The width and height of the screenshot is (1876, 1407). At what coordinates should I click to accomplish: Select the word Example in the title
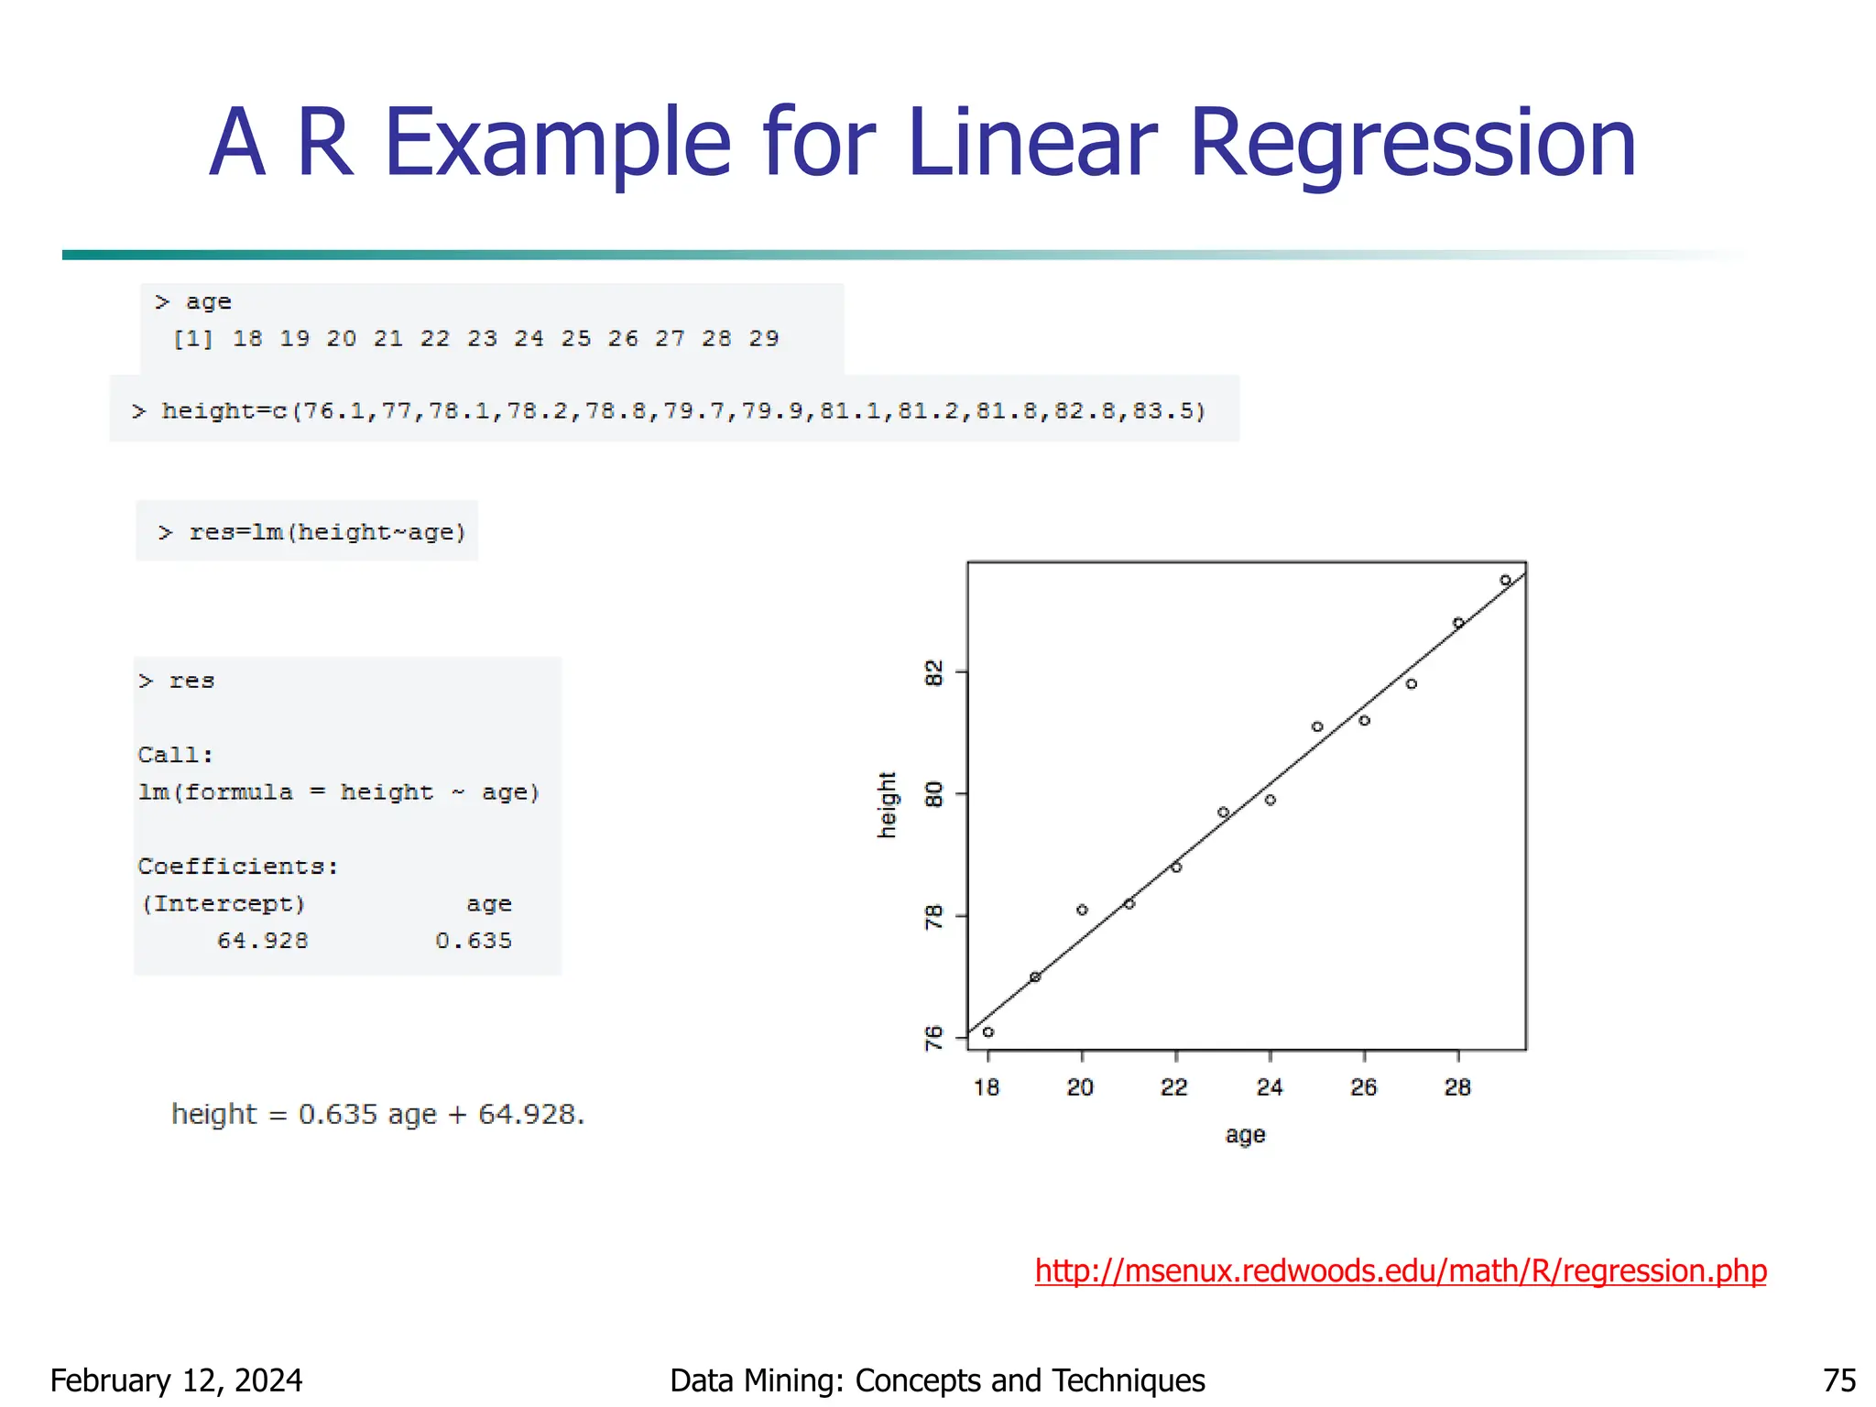(x=557, y=145)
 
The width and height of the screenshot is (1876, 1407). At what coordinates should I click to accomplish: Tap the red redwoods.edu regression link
(x=1400, y=1271)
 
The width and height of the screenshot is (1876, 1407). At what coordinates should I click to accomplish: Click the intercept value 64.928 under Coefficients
(x=263, y=941)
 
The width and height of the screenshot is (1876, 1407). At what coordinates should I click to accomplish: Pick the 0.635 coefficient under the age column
(x=474, y=941)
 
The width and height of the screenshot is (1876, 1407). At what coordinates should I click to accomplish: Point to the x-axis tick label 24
(x=1269, y=1087)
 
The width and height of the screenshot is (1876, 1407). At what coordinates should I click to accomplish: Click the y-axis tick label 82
(x=933, y=673)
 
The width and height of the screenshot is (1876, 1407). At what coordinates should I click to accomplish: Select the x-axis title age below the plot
(x=1245, y=1135)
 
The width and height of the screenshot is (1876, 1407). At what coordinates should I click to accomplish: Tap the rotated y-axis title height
(x=887, y=804)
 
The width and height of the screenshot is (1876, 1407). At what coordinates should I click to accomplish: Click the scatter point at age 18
(x=988, y=1032)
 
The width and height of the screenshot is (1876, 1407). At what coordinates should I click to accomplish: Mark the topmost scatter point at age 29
(x=1505, y=581)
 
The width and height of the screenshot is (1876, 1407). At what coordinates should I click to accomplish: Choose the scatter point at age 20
(x=1082, y=910)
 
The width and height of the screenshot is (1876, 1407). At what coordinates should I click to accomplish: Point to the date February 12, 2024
(x=176, y=1380)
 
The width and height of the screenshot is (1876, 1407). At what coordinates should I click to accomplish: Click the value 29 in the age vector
(x=764, y=339)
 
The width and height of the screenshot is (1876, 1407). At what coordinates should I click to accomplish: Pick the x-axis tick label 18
(x=987, y=1087)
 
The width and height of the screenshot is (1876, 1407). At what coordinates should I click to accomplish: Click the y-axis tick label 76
(x=933, y=1038)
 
